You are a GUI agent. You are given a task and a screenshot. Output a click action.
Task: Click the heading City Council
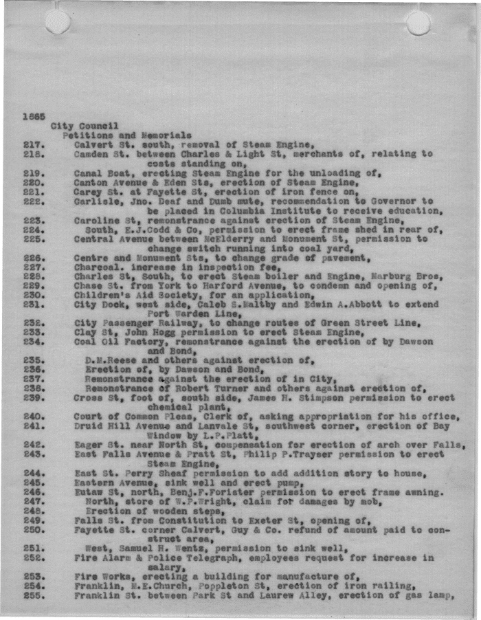(x=85, y=126)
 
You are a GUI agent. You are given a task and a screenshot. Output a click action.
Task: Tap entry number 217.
(x=34, y=145)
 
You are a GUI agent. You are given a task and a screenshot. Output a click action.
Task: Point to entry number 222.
(x=34, y=201)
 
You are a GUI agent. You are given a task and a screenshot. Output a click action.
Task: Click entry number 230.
(x=34, y=296)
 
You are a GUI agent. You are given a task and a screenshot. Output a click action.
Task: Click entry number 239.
(x=34, y=397)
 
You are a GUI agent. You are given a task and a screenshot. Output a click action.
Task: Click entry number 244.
(x=34, y=474)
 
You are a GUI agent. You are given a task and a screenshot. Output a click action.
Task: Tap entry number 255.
(x=34, y=595)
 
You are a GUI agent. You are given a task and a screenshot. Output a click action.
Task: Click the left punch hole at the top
(x=58, y=21)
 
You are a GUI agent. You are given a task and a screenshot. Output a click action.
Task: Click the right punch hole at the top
(x=418, y=23)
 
